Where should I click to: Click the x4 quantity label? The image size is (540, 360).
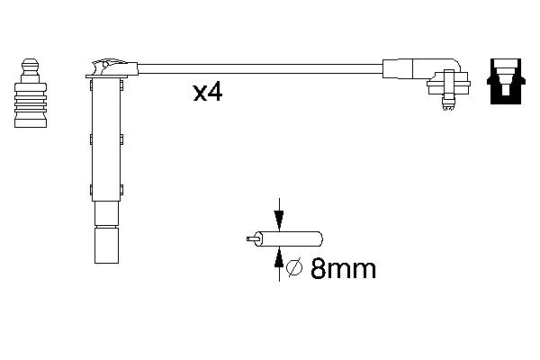click(x=208, y=92)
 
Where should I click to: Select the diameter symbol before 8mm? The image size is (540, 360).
click(x=292, y=268)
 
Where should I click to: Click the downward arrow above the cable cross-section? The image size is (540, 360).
click(x=279, y=219)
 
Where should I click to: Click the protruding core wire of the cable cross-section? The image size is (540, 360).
click(x=251, y=239)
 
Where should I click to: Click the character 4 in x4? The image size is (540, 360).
click(x=216, y=92)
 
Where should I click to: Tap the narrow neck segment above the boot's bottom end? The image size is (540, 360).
click(x=106, y=212)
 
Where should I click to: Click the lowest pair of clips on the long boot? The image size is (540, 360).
click(x=106, y=189)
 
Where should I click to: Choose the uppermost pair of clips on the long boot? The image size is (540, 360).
click(x=106, y=85)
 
